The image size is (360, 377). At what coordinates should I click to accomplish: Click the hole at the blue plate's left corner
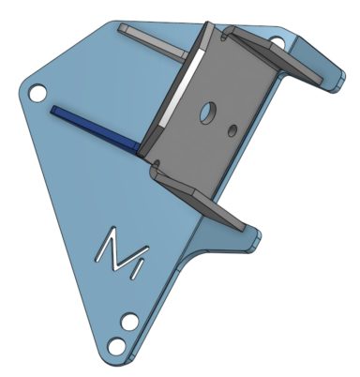[37, 93]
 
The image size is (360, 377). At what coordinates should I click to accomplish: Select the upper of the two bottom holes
[129, 322]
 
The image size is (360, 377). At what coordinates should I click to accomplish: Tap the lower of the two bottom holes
[116, 346]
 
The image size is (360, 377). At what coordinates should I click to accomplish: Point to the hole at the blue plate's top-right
[277, 41]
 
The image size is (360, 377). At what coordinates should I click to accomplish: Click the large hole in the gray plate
[207, 112]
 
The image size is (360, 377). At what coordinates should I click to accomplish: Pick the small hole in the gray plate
[232, 130]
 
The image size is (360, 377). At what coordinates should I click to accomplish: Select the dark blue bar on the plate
[94, 129]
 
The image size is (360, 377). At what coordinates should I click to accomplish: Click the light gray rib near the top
[153, 42]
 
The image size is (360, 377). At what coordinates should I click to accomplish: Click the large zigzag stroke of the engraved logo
[121, 249]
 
